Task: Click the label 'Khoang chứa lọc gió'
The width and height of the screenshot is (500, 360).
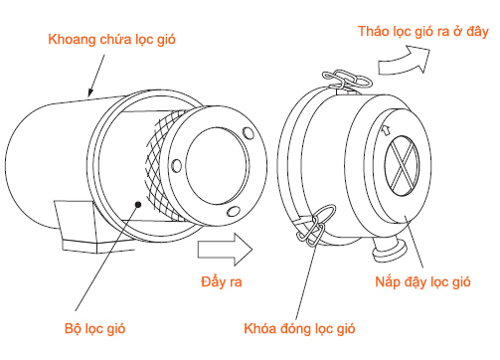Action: point(112,41)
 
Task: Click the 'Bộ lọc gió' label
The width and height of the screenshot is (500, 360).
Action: point(97,327)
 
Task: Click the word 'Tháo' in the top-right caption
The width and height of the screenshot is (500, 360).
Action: point(374,33)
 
